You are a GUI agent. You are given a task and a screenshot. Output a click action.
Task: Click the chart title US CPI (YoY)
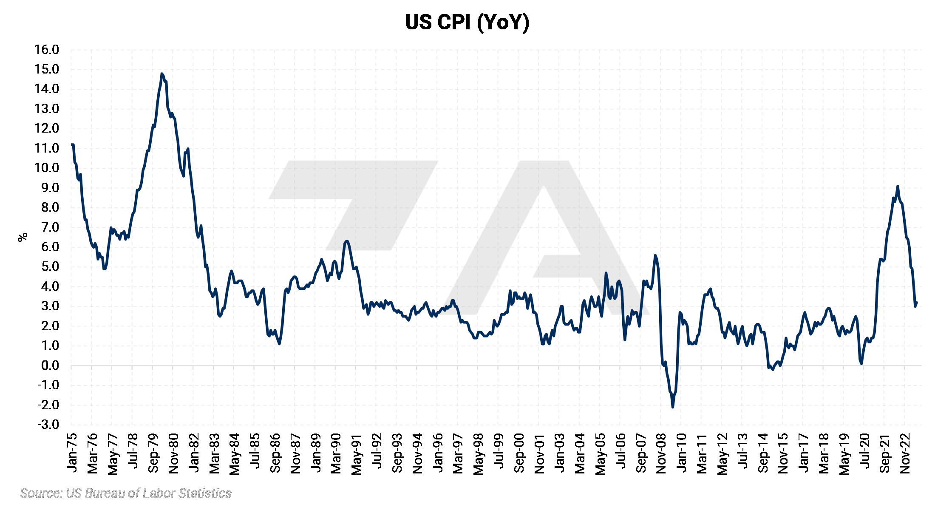[467, 22]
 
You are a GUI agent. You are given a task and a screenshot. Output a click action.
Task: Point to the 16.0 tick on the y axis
[47, 50]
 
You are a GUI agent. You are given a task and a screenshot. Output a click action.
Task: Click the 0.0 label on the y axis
[50, 365]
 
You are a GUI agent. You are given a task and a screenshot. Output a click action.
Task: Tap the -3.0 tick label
[48, 425]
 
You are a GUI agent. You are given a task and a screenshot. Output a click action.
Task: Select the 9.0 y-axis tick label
[50, 188]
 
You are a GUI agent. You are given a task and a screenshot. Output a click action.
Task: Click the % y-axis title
[23, 237]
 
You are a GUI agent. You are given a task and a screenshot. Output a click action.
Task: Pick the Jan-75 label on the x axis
[72, 453]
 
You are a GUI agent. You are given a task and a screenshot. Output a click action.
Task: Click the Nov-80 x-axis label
[174, 453]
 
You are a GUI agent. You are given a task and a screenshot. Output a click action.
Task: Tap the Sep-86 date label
[275, 453]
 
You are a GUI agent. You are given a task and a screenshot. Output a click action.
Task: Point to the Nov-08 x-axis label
[661, 453]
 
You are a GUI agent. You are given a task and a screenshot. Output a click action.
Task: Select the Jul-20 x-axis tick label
[864, 453]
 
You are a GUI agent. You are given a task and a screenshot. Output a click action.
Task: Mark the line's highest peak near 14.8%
[161, 74]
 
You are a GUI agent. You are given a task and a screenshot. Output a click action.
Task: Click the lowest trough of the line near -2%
[673, 407]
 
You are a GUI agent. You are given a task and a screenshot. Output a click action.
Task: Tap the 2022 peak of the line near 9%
[898, 186]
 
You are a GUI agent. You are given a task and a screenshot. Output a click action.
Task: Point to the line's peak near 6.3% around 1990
[347, 241]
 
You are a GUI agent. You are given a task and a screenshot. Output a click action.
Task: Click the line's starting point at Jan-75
[72, 145]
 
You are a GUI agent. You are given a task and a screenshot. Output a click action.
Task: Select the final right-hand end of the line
[917, 303]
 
